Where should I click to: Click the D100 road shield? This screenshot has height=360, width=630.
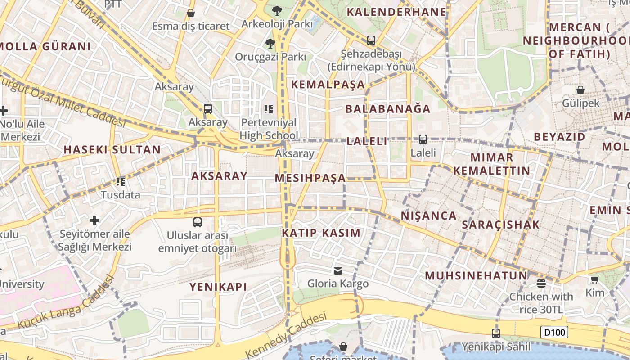tap(554, 333)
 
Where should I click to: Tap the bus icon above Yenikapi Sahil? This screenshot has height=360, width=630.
tap(495, 333)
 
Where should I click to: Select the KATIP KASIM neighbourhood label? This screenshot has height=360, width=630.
tap(321, 233)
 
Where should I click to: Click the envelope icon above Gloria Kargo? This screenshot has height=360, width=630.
tap(337, 270)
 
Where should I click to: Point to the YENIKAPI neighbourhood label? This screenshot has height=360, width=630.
tap(218, 287)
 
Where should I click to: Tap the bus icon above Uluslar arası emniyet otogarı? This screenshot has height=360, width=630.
tap(197, 222)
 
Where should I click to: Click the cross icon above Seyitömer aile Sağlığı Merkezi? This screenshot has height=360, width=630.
tap(94, 220)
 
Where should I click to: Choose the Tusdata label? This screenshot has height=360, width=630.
tap(120, 195)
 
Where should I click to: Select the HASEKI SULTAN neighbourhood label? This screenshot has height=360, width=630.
tap(112, 150)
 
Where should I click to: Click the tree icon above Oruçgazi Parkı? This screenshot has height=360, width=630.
tap(270, 44)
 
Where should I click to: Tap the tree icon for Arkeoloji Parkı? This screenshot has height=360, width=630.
tap(277, 10)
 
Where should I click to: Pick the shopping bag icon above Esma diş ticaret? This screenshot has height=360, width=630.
tap(191, 13)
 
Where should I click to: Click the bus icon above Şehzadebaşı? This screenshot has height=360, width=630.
tap(371, 40)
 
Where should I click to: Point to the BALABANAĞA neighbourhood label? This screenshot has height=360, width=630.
tap(388, 108)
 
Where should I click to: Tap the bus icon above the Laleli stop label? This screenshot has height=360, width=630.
tap(423, 139)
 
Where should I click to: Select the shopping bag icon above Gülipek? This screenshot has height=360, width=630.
tap(580, 90)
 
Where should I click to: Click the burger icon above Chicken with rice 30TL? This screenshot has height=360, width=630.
tap(541, 283)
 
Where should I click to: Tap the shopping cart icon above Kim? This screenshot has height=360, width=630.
tap(594, 280)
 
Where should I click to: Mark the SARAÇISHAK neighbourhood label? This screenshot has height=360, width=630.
tap(500, 225)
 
